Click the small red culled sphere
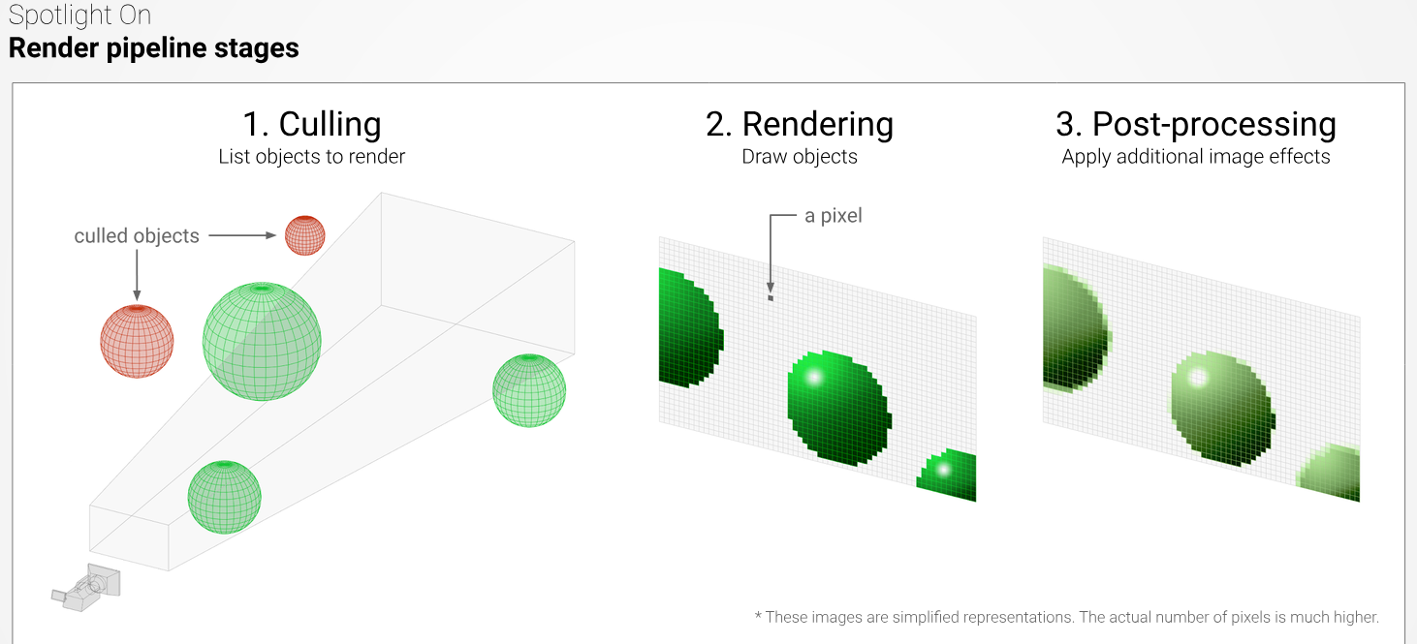(305, 235)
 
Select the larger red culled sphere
(137, 341)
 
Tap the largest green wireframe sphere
(262, 341)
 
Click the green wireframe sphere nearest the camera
(224, 497)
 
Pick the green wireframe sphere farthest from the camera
(529, 390)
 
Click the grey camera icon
(86, 587)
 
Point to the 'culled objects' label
(137, 235)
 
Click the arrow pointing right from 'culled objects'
(242, 235)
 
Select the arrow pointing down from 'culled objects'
(137, 275)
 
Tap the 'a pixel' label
(834, 216)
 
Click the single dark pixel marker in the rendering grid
(771, 297)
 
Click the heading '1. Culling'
(312, 124)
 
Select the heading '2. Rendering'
(800, 125)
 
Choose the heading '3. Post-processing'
(1196, 125)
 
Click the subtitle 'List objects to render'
(312, 157)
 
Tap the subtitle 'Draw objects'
(800, 157)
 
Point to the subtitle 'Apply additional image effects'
(1196, 157)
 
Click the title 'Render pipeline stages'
(154, 48)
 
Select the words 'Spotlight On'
(79, 15)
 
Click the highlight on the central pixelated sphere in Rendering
(813, 378)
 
